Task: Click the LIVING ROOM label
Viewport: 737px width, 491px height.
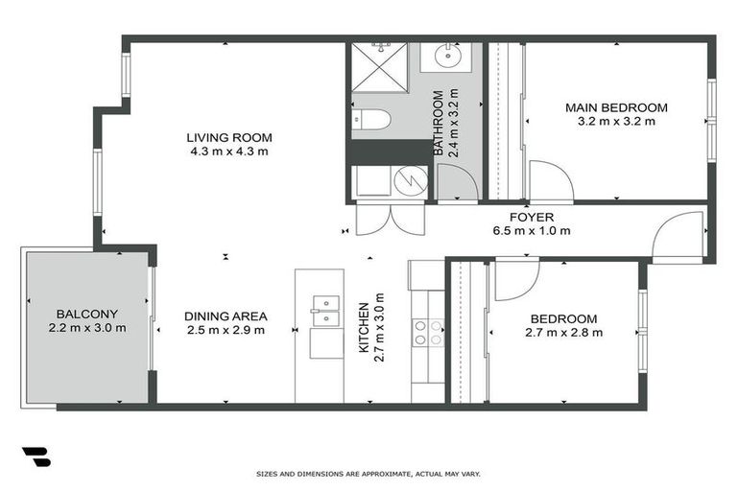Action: point(229,137)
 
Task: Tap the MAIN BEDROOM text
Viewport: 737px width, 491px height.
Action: point(615,107)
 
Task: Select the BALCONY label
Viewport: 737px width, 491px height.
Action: point(86,314)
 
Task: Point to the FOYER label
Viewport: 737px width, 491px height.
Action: point(531,217)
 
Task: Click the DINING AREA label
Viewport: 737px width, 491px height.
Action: point(226,316)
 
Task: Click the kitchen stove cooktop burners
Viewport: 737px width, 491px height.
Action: point(428,332)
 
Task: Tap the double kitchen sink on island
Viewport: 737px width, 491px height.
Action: point(326,310)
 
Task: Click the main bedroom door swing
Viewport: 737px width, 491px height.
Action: point(549,182)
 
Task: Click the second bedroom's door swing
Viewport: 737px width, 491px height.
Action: point(516,278)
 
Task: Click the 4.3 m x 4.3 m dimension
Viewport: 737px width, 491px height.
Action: point(229,152)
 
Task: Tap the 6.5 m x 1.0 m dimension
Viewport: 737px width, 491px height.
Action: point(531,230)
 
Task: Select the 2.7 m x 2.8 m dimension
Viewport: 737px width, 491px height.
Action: point(563,333)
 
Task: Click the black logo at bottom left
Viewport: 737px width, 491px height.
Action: point(35,456)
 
